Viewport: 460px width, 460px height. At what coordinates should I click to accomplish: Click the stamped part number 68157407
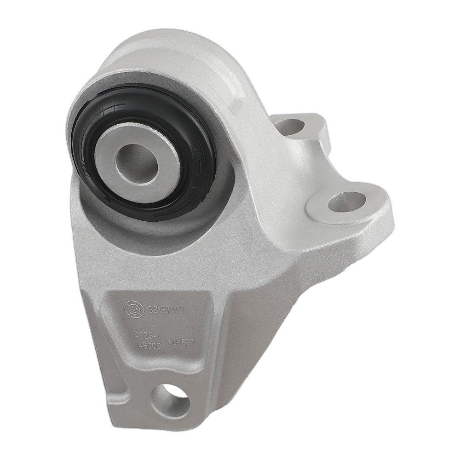pyautogui.click(x=166, y=310)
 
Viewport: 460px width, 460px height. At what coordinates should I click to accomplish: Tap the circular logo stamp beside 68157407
pyautogui.click(x=132, y=307)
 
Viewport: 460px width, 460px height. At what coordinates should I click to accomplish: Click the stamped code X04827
pyautogui.click(x=182, y=342)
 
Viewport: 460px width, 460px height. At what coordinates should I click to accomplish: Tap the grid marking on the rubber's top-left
pyautogui.click(x=112, y=109)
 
